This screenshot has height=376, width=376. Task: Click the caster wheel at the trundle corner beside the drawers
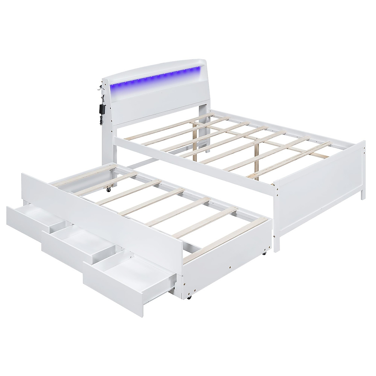pyautogui.click(x=189, y=296)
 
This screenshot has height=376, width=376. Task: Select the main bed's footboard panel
pyautogui.click(x=320, y=194)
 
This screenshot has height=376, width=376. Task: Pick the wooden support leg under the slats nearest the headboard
pyautogui.click(x=196, y=146)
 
